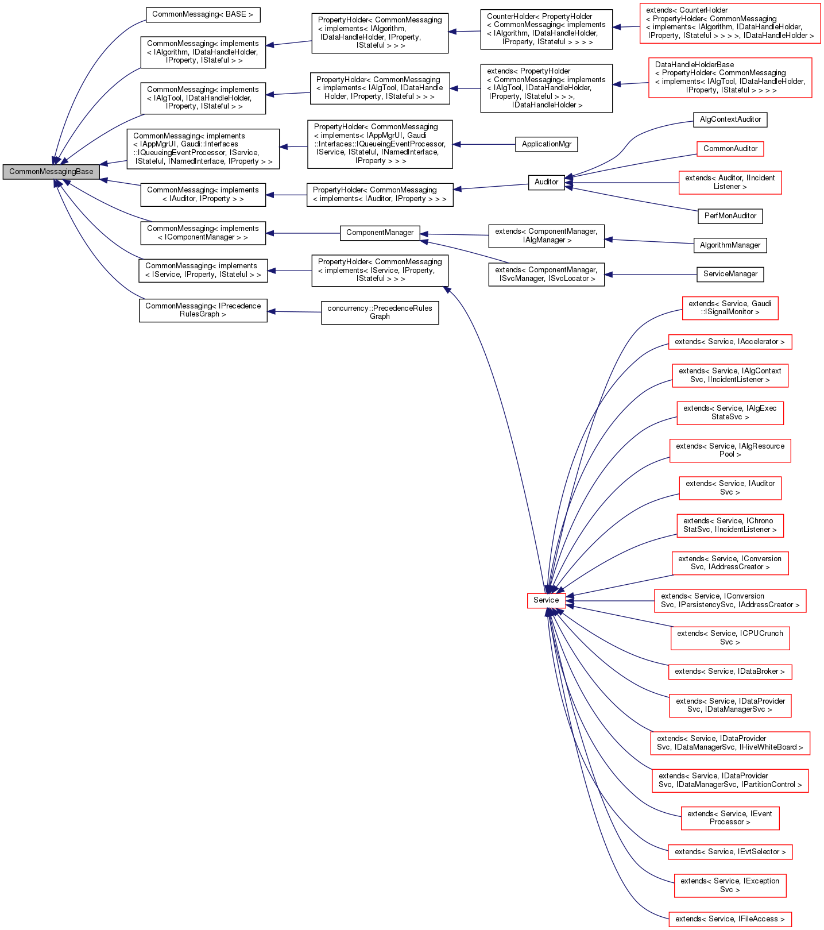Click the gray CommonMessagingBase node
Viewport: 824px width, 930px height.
pyautogui.click(x=51, y=172)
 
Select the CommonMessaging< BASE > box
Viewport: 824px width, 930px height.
pyautogui.click(x=203, y=14)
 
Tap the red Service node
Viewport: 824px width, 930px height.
pyautogui.click(x=546, y=600)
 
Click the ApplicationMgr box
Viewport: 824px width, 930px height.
pyautogui.click(x=546, y=144)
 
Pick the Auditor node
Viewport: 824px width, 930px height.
pyautogui.click(x=546, y=182)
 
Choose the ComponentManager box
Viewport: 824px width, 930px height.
pyautogui.click(x=380, y=233)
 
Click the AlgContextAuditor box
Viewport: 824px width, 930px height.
pyautogui.click(x=730, y=119)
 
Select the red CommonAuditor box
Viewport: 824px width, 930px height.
pyautogui.click(x=730, y=149)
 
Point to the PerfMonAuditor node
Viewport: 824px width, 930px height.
pyautogui.click(x=730, y=216)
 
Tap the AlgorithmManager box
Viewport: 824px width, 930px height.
pyautogui.click(x=730, y=245)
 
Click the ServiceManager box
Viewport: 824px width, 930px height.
pyautogui.click(x=730, y=274)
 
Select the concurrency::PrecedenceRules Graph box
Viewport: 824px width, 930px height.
pyautogui.click(x=380, y=312)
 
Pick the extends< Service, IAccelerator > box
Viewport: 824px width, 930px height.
pyautogui.click(x=729, y=342)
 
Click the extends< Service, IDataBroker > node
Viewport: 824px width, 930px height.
pyautogui.click(x=729, y=672)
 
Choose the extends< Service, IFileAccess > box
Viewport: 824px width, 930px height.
pyautogui.click(x=729, y=919)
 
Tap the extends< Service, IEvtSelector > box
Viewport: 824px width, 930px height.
pyautogui.click(x=730, y=852)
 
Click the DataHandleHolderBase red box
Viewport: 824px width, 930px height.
pyautogui.click(x=730, y=78)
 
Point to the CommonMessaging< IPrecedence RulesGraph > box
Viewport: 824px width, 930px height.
pyautogui.click(x=203, y=310)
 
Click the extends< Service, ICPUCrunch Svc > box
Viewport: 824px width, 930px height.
pyautogui.click(x=730, y=638)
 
